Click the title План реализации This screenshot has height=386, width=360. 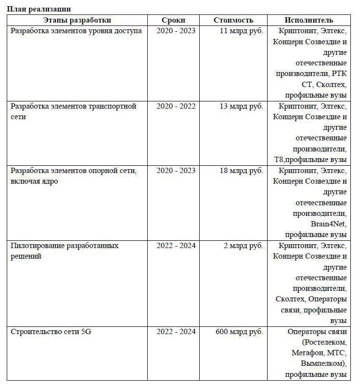click(39, 9)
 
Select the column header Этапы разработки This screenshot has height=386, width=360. click(77, 20)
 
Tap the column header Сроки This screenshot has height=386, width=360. click(173, 20)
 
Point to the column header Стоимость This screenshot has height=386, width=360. click(233, 20)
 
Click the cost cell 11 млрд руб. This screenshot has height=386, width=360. click(241, 31)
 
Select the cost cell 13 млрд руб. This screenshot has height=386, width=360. click(241, 106)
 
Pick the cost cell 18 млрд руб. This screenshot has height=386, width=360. click(241, 171)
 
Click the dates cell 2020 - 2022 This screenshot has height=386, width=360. click(176, 106)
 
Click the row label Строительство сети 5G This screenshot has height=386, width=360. click(51, 332)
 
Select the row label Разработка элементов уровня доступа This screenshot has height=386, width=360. click(76, 31)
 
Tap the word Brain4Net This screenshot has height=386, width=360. click(328, 224)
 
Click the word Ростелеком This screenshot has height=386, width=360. click(325, 342)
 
